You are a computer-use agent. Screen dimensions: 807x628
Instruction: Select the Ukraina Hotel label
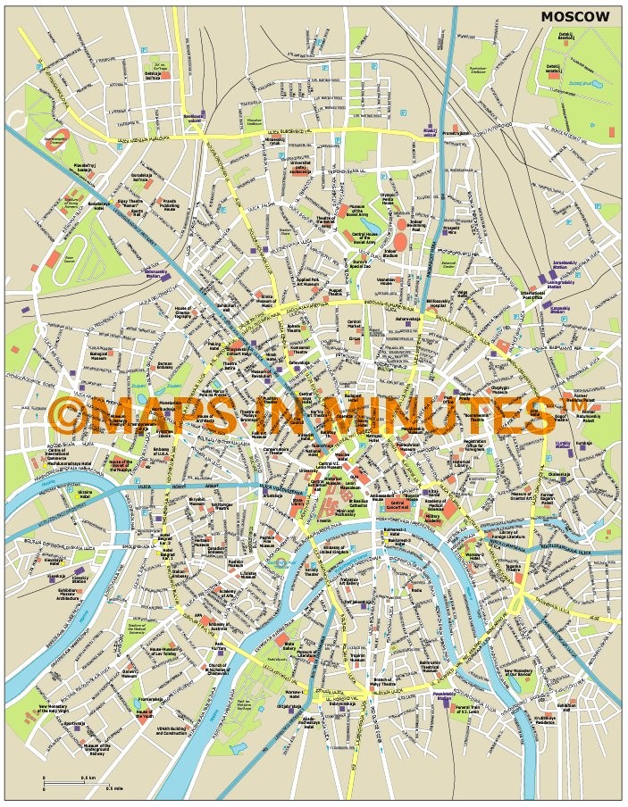tap(85, 495)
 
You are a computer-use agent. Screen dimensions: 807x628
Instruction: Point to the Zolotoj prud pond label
tap(582, 84)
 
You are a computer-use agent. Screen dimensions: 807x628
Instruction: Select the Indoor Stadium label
tap(393, 254)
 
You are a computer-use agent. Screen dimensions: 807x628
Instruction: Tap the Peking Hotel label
tap(215, 346)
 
